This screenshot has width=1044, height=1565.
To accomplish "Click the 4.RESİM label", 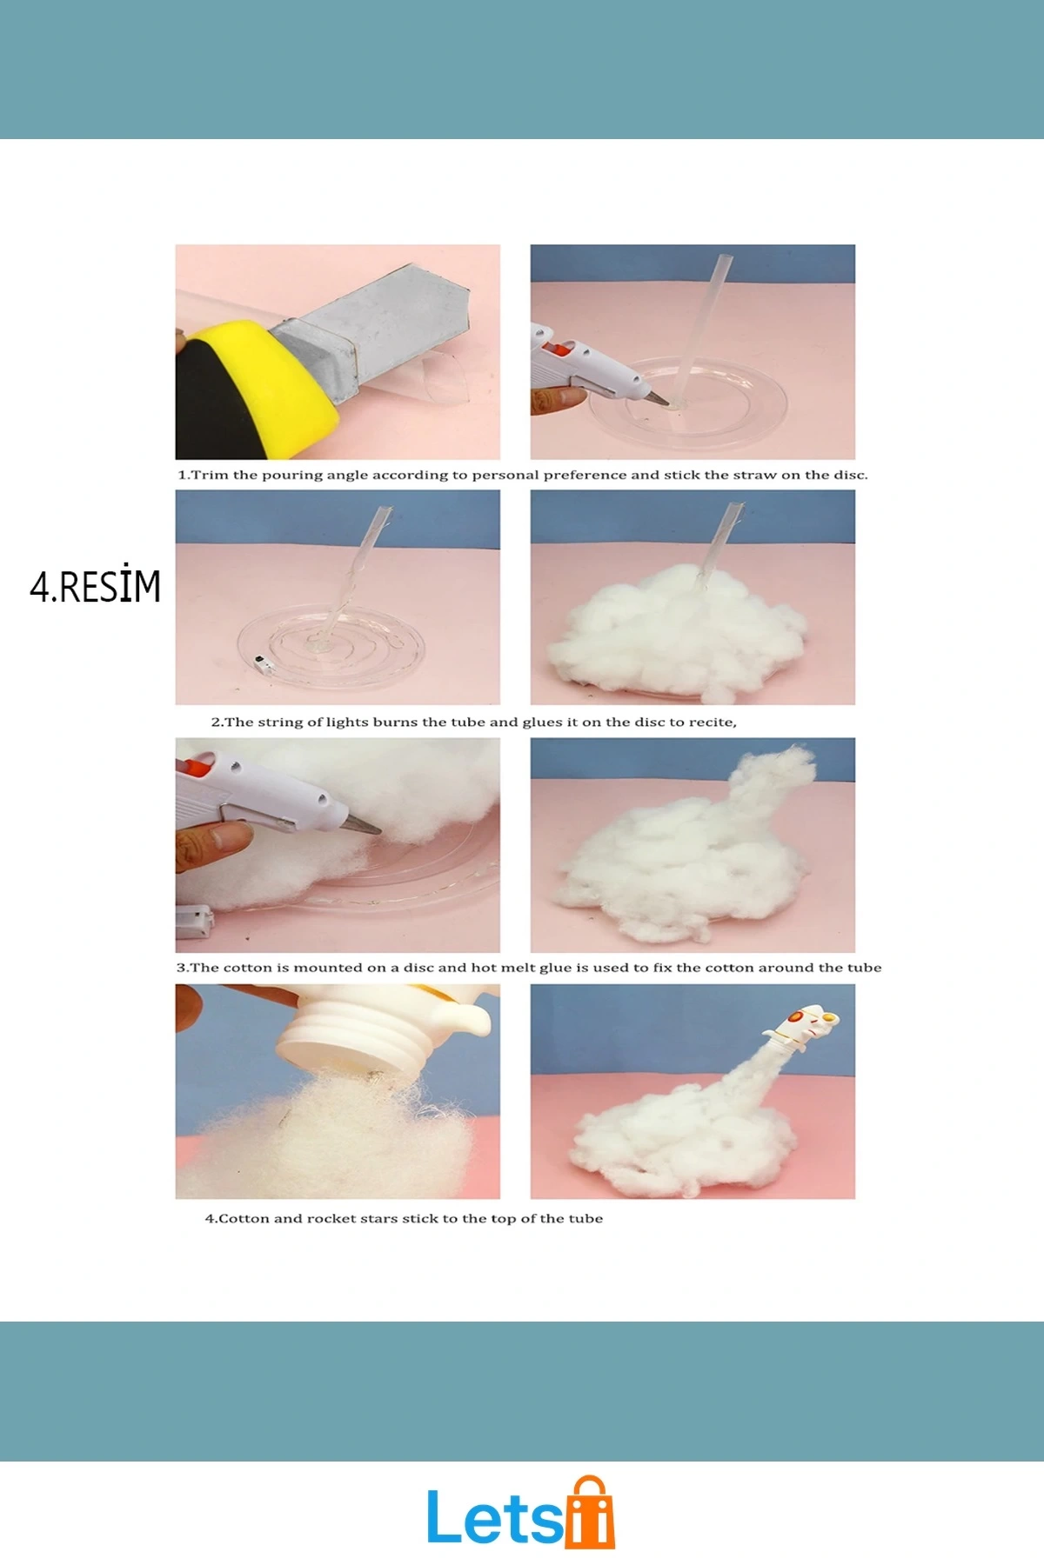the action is [96, 587].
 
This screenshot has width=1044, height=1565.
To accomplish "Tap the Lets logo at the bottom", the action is [520, 1513].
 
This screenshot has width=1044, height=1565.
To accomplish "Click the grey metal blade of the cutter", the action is [374, 322].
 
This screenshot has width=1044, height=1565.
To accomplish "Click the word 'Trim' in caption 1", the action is [209, 475].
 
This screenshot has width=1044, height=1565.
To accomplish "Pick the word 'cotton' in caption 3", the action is [248, 968].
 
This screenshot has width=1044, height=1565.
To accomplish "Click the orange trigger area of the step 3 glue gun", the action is [193, 766].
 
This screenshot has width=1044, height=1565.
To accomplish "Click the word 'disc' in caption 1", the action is [852, 475].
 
